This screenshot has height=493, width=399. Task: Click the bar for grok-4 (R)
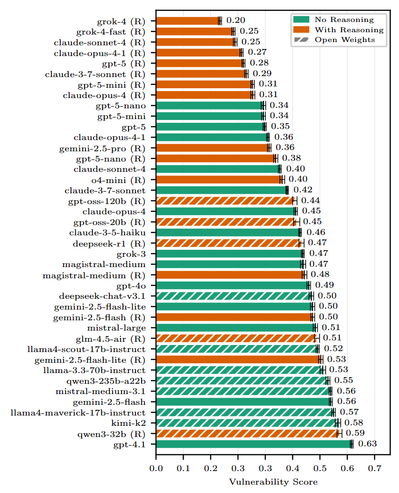187,21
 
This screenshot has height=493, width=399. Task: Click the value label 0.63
367,444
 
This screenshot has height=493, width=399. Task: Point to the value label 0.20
235,21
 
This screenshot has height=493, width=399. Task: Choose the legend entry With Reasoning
349,30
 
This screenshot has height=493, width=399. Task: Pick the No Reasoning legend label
344,20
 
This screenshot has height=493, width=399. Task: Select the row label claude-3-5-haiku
107,232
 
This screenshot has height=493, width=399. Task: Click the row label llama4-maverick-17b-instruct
78,413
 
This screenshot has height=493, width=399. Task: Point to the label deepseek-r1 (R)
109,243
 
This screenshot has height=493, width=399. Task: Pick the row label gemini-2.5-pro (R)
102,148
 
